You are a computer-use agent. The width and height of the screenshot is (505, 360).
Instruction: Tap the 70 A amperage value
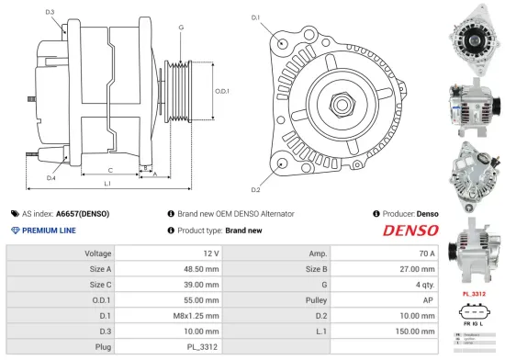point(426,253)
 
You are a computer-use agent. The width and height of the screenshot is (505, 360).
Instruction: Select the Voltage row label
point(98,253)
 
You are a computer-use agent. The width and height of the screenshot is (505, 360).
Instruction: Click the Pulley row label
point(317,300)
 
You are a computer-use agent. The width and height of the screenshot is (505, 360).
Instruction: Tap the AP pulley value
point(429,300)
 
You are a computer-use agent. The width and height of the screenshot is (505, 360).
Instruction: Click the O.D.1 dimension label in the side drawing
point(221,90)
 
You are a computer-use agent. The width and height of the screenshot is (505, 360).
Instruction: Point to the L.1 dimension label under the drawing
point(107,185)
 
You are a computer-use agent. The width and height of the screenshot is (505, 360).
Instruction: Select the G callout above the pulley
point(181,28)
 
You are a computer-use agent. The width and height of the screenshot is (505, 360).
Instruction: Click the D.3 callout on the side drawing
point(49,12)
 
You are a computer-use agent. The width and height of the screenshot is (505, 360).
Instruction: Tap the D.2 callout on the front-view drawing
point(255,189)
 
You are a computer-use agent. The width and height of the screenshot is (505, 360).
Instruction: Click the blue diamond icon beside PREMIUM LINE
point(12,231)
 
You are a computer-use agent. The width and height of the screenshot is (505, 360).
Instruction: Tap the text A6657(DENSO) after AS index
point(82,213)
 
